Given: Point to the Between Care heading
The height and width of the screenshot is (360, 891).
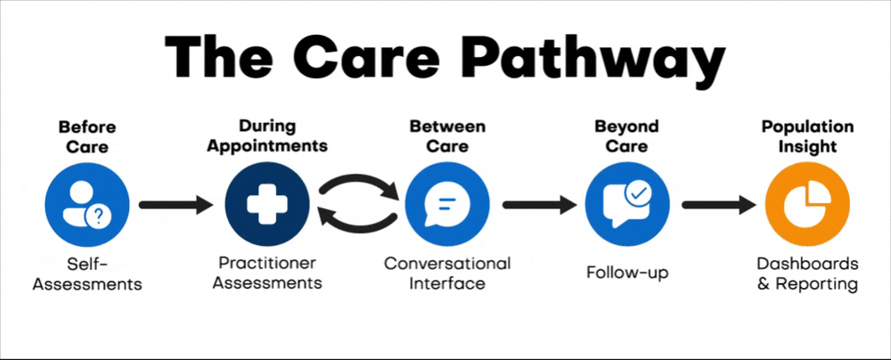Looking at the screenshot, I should (447, 135).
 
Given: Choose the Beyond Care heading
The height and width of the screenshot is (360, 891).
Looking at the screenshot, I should (626, 135).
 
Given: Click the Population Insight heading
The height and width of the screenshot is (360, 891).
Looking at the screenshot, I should (807, 135).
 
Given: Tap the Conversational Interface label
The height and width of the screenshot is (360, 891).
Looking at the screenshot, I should (447, 274).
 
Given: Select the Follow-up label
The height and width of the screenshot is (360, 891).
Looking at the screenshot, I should (627, 273).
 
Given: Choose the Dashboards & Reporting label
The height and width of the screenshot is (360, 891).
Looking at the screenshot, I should (807, 274).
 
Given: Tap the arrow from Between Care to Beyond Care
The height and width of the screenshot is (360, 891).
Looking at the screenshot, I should (537, 205).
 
